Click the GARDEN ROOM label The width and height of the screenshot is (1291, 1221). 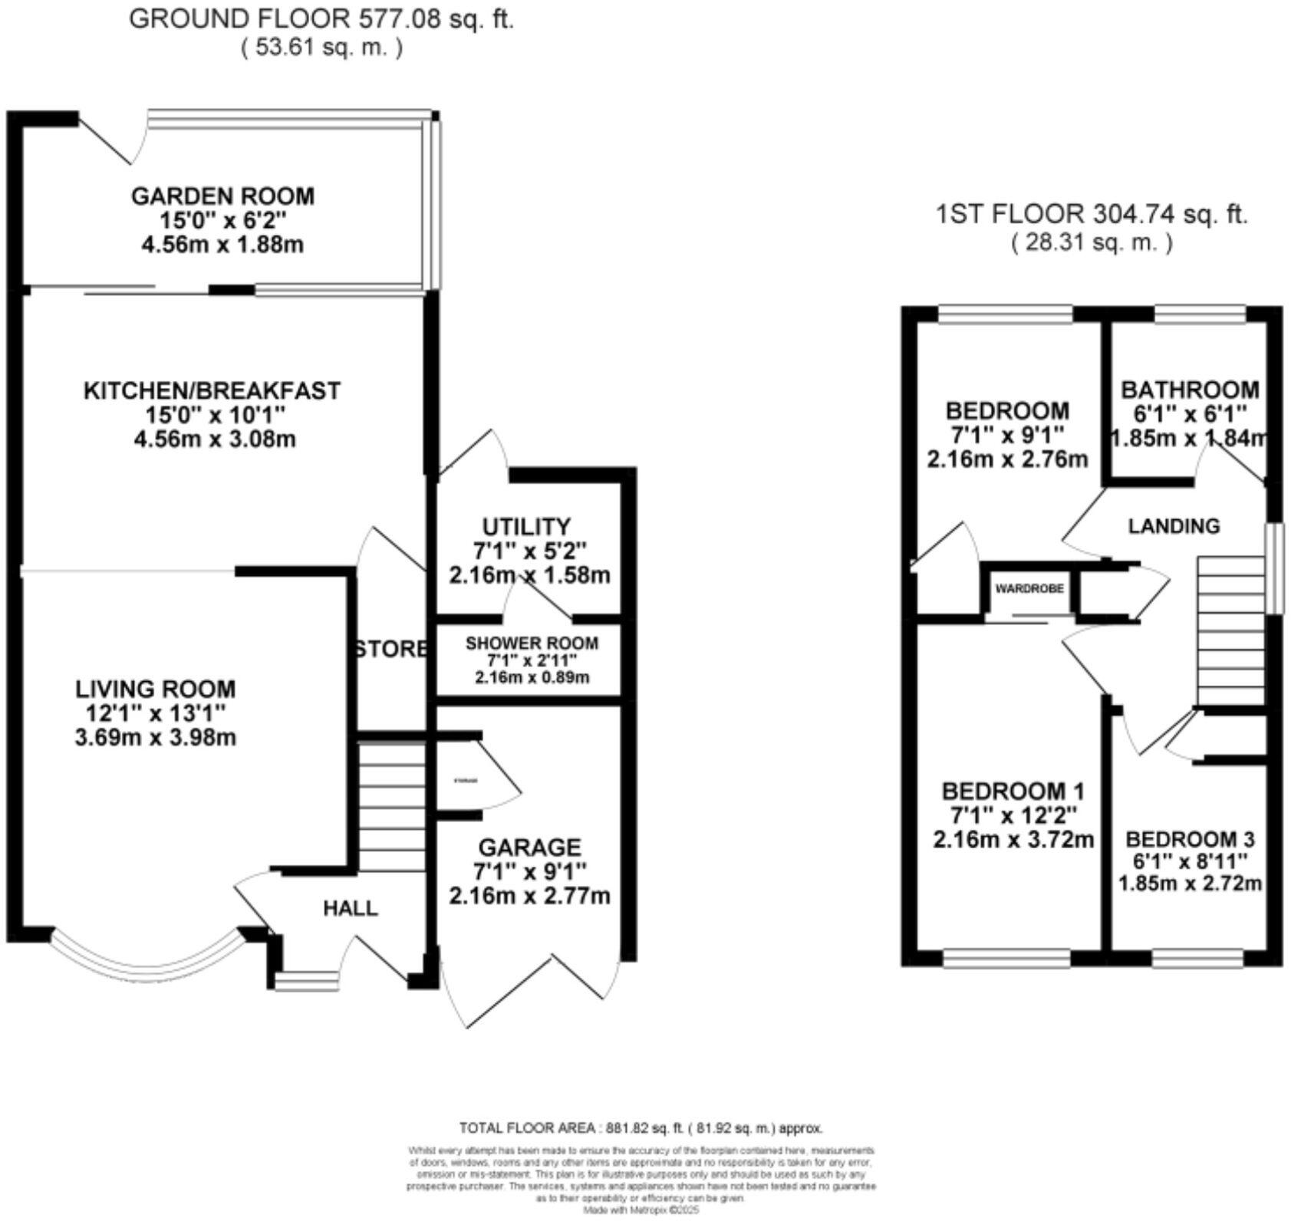222,196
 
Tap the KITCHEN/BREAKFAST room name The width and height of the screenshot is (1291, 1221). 211,390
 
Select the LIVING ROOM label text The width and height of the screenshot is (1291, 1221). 155,689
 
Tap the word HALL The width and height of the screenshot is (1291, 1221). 350,909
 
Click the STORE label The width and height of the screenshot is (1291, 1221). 391,649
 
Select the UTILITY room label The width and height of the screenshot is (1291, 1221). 526,527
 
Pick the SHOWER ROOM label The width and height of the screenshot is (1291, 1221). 532,643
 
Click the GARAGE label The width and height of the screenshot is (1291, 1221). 529,847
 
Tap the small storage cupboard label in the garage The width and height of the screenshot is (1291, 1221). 466,781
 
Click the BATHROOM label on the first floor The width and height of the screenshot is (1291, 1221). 1189,390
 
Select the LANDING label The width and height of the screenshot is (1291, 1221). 1174,526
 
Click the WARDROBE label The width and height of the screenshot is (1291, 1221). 1029,588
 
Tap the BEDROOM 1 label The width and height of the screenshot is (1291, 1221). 1013,791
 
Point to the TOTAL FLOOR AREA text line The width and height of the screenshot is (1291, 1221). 641,1128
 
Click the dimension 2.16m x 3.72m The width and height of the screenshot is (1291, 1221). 1013,840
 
